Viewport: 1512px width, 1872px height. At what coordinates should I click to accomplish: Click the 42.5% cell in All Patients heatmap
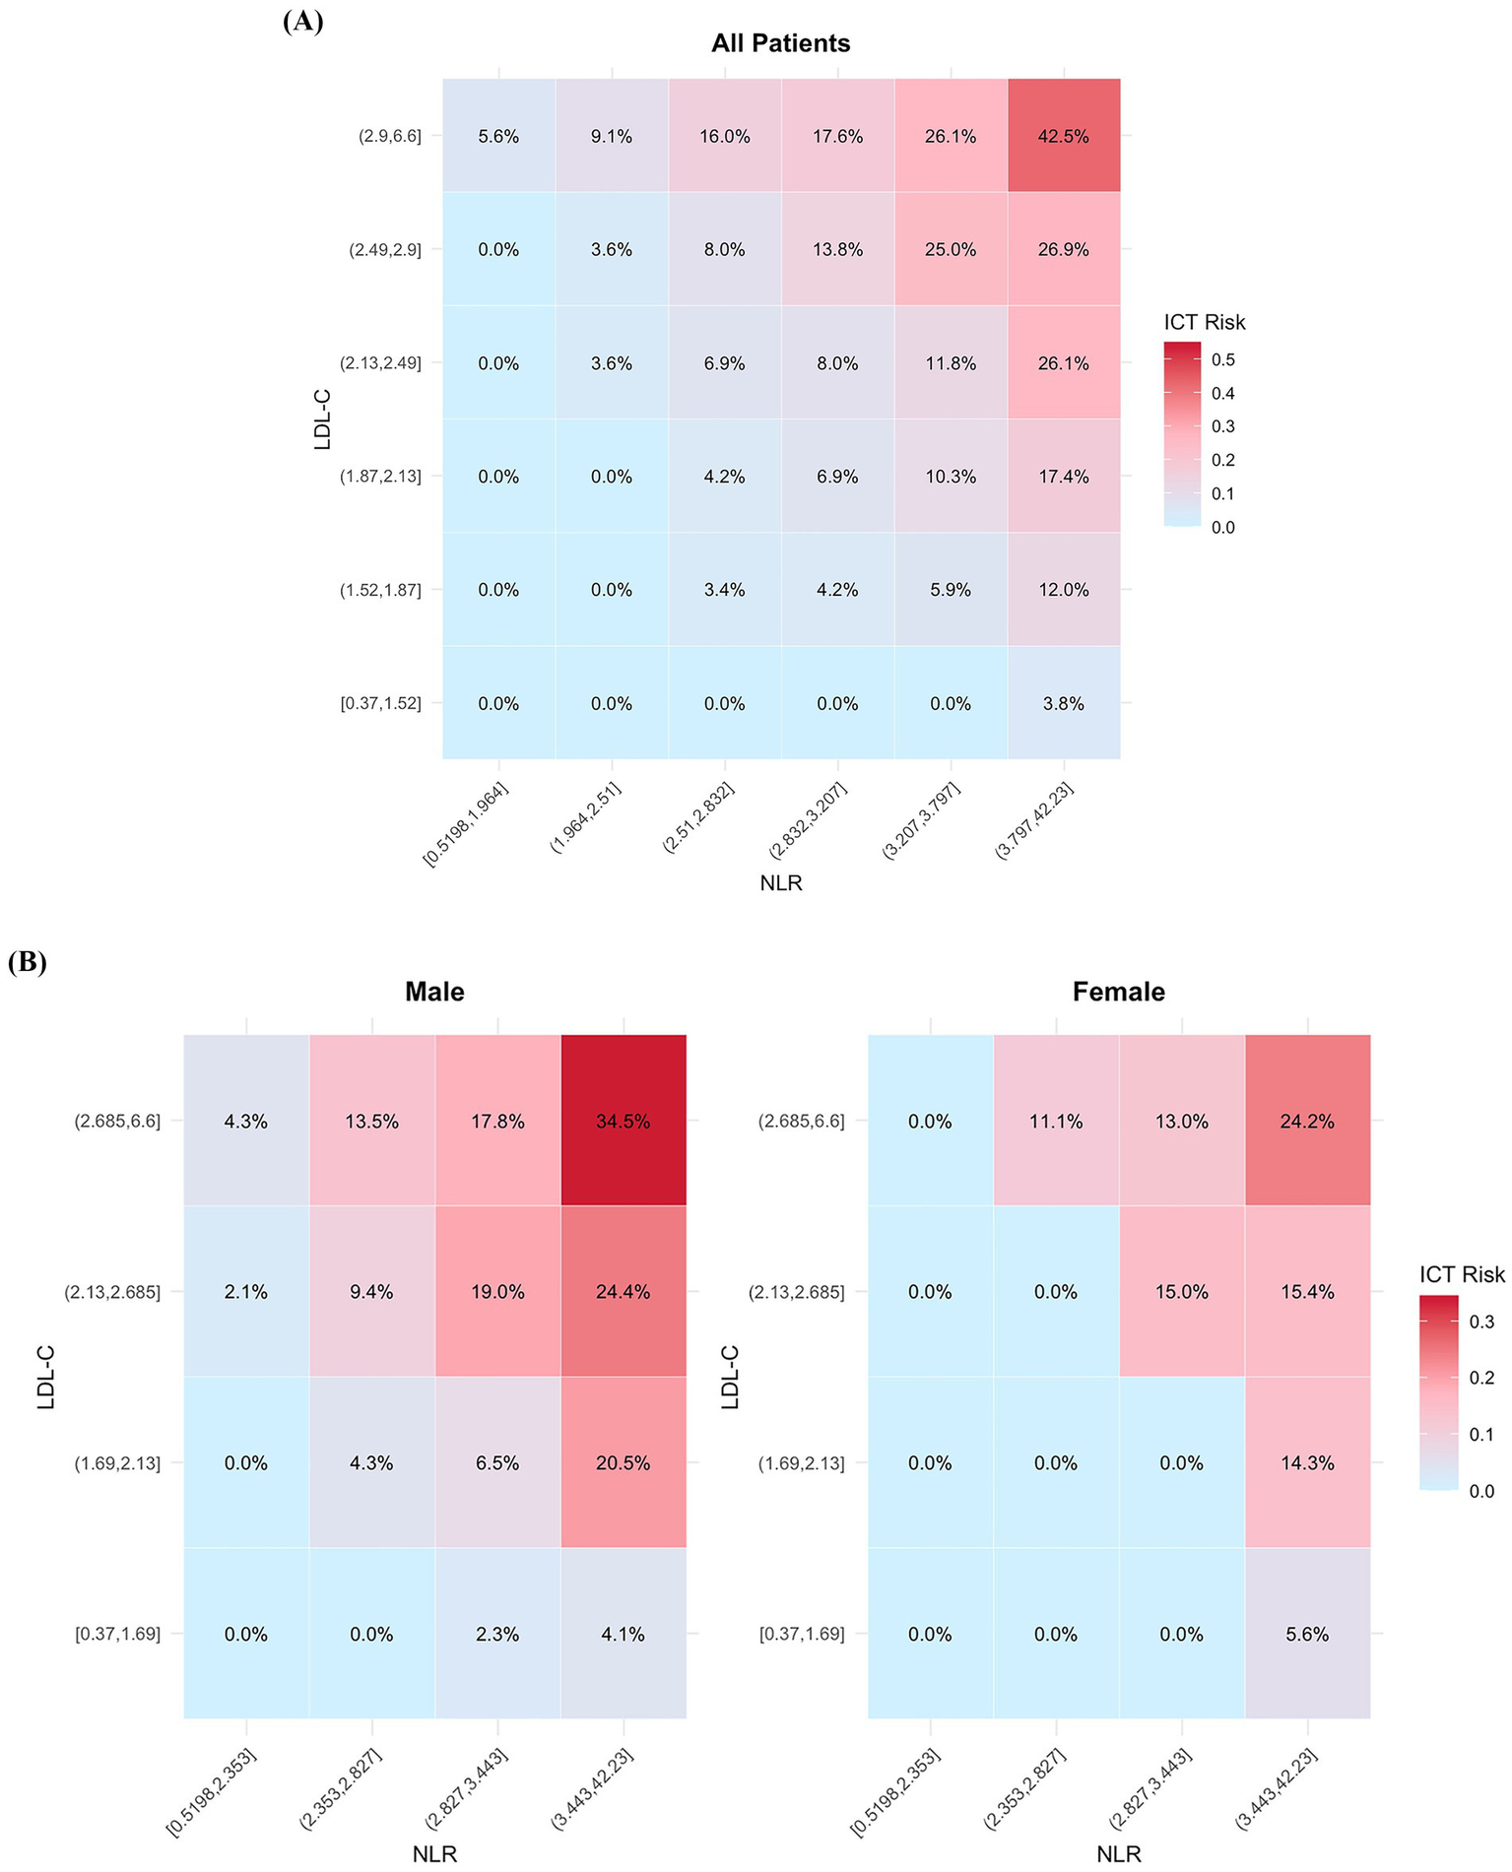pyautogui.click(x=1063, y=136)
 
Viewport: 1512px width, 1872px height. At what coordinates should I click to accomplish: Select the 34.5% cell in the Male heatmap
pyautogui.click(x=623, y=1121)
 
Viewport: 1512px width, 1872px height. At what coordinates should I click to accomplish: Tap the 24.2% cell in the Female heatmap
pyautogui.click(x=1307, y=1121)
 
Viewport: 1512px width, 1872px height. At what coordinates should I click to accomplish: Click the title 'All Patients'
pyautogui.click(x=780, y=43)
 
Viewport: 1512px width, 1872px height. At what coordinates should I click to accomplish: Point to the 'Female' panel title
pyautogui.click(x=1118, y=991)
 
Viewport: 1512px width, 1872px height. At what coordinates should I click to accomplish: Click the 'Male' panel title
pyautogui.click(x=434, y=991)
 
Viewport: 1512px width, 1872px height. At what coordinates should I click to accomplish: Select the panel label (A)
pyautogui.click(x=302, y=22)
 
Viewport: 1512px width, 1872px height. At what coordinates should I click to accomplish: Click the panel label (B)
pyautogui.click(x=28, y=962)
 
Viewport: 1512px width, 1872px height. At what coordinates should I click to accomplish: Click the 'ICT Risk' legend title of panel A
pyautogui.click(x=1204, y=322)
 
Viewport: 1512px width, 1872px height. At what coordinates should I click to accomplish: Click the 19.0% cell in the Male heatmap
pyautogui.click(x=497, y=1291)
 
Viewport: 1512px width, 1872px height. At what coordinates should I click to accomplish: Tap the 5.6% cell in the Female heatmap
pyautogui.click(x=1307, y=1634)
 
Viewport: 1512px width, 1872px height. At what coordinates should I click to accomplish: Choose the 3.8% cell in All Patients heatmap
pyautogui.click(x=1063, y=703)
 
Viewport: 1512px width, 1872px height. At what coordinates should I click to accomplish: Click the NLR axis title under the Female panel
pyautogui.click(x=1118, y=1853)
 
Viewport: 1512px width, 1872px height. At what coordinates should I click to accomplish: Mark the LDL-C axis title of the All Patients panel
pyautogui.click(x=322, y=420)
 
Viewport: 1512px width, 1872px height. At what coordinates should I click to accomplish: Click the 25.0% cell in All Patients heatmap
pyautogui.click(x=950, y=249)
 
